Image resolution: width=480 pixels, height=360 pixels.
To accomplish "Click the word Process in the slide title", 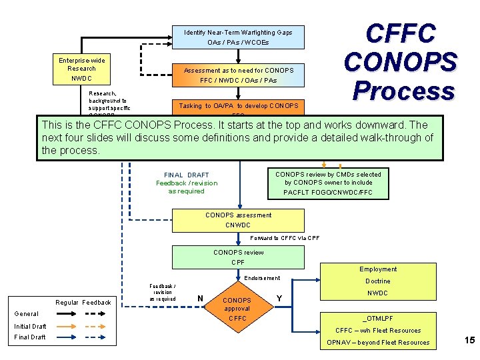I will coord(403,90).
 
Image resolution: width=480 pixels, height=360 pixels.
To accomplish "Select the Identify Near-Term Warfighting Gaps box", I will coord(238,37).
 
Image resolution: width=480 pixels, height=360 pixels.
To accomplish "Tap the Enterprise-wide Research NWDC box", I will coord(81,69).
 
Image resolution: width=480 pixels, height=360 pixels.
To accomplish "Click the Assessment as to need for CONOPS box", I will coord(238,75).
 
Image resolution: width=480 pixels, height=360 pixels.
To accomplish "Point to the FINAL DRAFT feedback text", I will coord(187,183).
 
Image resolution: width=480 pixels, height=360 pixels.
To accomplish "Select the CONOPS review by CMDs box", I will coord(328,183).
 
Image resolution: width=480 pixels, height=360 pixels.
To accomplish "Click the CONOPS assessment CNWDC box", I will coord(238,221).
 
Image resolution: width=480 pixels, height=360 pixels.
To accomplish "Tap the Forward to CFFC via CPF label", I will coord(285,238).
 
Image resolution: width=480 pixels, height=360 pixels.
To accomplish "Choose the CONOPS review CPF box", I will coord(238,257).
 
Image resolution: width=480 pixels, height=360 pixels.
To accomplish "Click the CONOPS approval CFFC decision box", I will coord(237,309).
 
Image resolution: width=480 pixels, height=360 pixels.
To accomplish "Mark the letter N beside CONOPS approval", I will coord(201,298).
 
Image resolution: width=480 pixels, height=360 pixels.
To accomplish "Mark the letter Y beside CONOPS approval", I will coord(279,298).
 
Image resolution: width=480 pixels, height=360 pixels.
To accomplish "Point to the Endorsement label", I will coord(263,278).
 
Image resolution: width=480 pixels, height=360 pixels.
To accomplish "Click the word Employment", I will coord(378,269).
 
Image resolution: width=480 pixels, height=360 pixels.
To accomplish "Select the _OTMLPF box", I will coord(377,319).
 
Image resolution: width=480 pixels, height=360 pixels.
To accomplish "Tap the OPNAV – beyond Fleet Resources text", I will coord(378,343).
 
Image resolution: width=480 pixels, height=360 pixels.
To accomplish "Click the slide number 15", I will coord(469,341).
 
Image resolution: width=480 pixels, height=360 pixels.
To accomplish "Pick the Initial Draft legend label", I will coord(30,327).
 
